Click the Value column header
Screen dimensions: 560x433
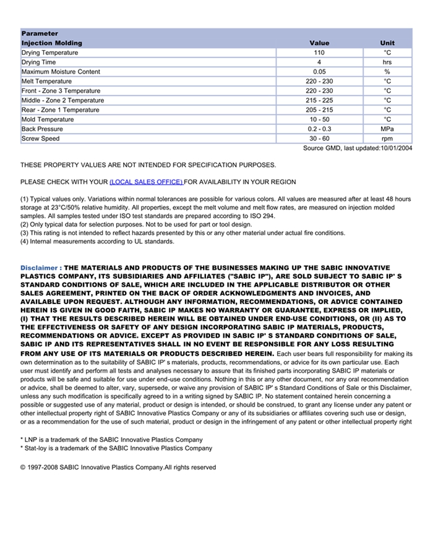click(x=319, y=43)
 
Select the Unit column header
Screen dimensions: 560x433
click(x=387, y=43)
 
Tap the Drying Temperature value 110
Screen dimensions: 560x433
click(x=319, y=53)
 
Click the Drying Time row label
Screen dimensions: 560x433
click(x=39, y=62)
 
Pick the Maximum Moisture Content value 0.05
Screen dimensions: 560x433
click(x=319, y=72)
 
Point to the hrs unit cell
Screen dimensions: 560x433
click(x=387, y=62)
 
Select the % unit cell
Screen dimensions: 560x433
click(x=387, y=72)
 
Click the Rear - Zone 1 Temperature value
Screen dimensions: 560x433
click(x=319, y=110)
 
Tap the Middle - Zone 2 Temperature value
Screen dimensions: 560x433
click(x=319, y=100)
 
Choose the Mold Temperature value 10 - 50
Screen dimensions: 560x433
click(x=319, y=119)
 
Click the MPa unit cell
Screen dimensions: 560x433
click(x=387, y=129)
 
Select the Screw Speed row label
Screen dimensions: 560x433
click(x=41, y=138)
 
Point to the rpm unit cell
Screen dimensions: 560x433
click(x=387, y=138)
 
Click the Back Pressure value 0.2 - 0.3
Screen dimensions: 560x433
click(x=319, y=129)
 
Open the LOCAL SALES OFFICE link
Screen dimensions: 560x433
click(x=146, y=182)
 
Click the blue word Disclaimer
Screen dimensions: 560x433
click(x=39, y=268)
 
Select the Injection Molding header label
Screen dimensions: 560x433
click(x=51, y=43)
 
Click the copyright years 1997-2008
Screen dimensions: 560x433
click(x=46, y=467)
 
